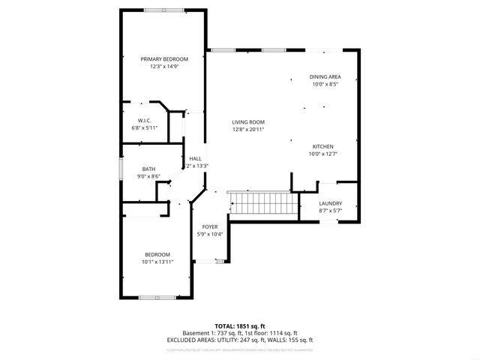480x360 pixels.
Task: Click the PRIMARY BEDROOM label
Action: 165,58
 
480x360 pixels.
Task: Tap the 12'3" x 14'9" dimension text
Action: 165,66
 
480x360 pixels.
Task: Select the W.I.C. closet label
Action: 145,121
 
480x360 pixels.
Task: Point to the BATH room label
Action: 148,169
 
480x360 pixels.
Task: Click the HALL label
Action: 195,158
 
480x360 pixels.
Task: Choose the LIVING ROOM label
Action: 247,122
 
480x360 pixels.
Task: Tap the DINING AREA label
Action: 325,76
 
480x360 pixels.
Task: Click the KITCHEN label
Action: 323,146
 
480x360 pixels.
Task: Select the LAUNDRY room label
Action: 330,203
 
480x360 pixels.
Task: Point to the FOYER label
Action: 209,226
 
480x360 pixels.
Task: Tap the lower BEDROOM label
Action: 157,254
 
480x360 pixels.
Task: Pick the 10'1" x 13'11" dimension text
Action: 157,262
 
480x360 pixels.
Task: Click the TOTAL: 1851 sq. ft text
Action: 240,326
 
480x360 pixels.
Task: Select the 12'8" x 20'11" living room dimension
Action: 247,130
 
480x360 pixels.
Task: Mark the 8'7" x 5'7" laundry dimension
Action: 330,211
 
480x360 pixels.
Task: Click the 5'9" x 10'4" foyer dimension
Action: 209,234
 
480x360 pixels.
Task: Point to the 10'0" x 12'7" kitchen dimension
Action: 323,154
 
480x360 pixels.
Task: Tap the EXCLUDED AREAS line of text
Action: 240,340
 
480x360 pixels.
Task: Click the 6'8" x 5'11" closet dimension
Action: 145,128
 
